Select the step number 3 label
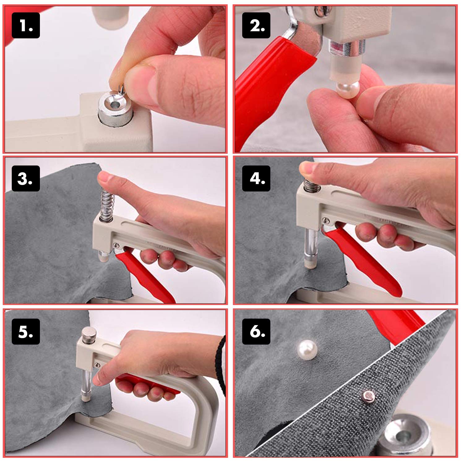click(26, 178)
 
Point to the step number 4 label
click(256, 178)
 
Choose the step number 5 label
click(26, 332)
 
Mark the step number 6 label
click(256, 332)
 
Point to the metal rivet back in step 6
click(369, 395)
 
